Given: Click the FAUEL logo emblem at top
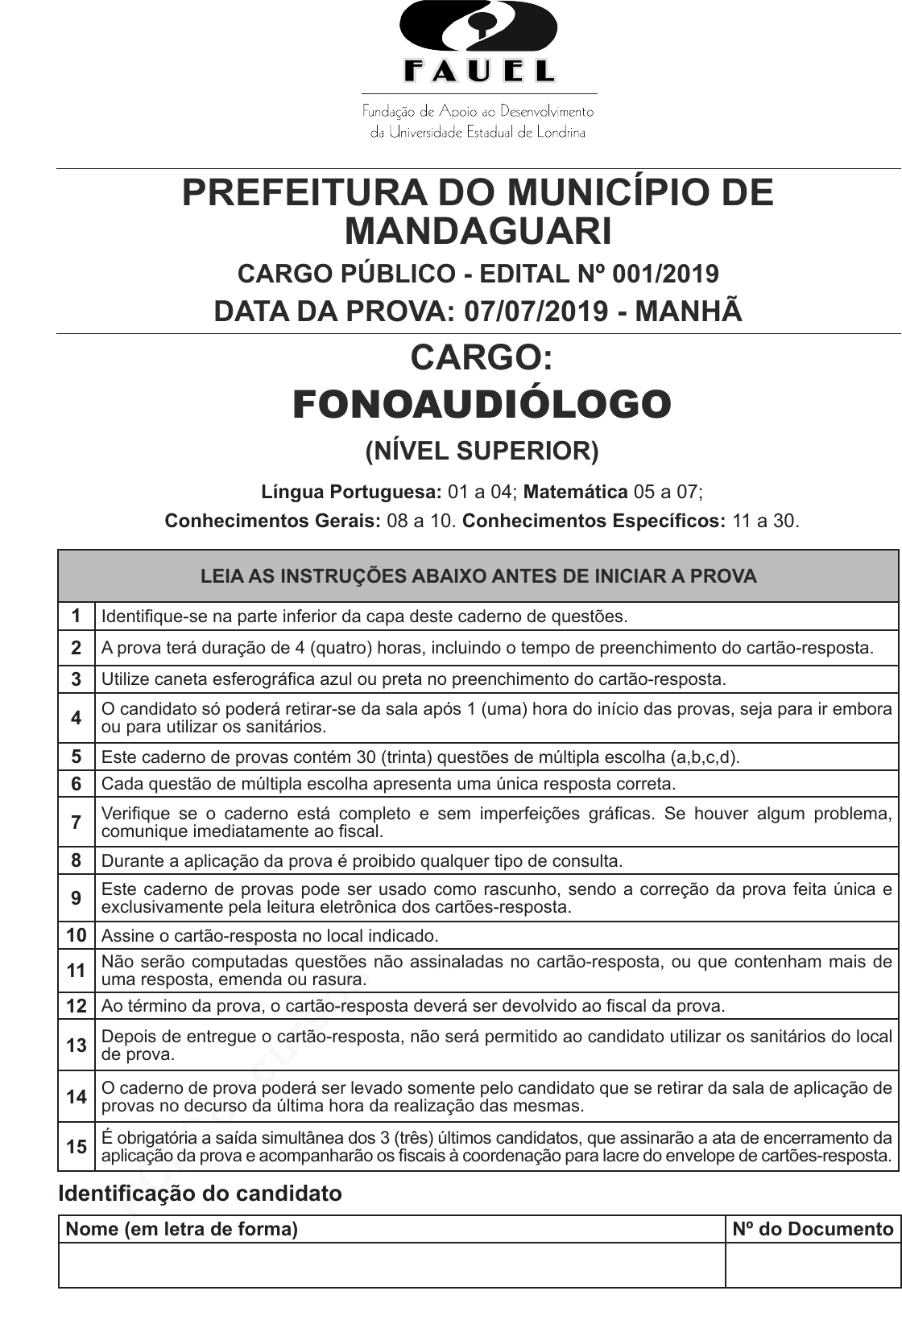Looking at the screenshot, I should point(478,43).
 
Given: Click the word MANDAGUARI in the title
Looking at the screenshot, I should point(478,232).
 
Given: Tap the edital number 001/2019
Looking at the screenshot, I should point(665,274).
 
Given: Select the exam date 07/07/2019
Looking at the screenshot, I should point(536,311).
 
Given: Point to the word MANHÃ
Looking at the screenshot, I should point(689,311).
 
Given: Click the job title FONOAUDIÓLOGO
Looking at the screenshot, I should point(482,404).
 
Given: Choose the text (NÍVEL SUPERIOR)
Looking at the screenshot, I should point(482,452).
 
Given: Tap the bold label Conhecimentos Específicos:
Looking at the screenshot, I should point(594,521).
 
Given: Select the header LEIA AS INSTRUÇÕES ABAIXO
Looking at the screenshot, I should point(478,576).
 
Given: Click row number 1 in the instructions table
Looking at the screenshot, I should point(77,617).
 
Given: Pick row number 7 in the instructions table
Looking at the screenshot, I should point(77,822).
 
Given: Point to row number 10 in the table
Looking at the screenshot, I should point(77,935).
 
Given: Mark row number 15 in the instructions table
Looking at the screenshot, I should point(77,1147).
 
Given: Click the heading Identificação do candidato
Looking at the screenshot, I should point(200,1194).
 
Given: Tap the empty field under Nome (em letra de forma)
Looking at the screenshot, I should point(391,1265).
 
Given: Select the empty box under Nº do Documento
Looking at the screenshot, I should point(812,1265).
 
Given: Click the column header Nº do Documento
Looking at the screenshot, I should point(812,1229).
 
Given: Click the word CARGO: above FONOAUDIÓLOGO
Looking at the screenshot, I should point(482,357).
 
